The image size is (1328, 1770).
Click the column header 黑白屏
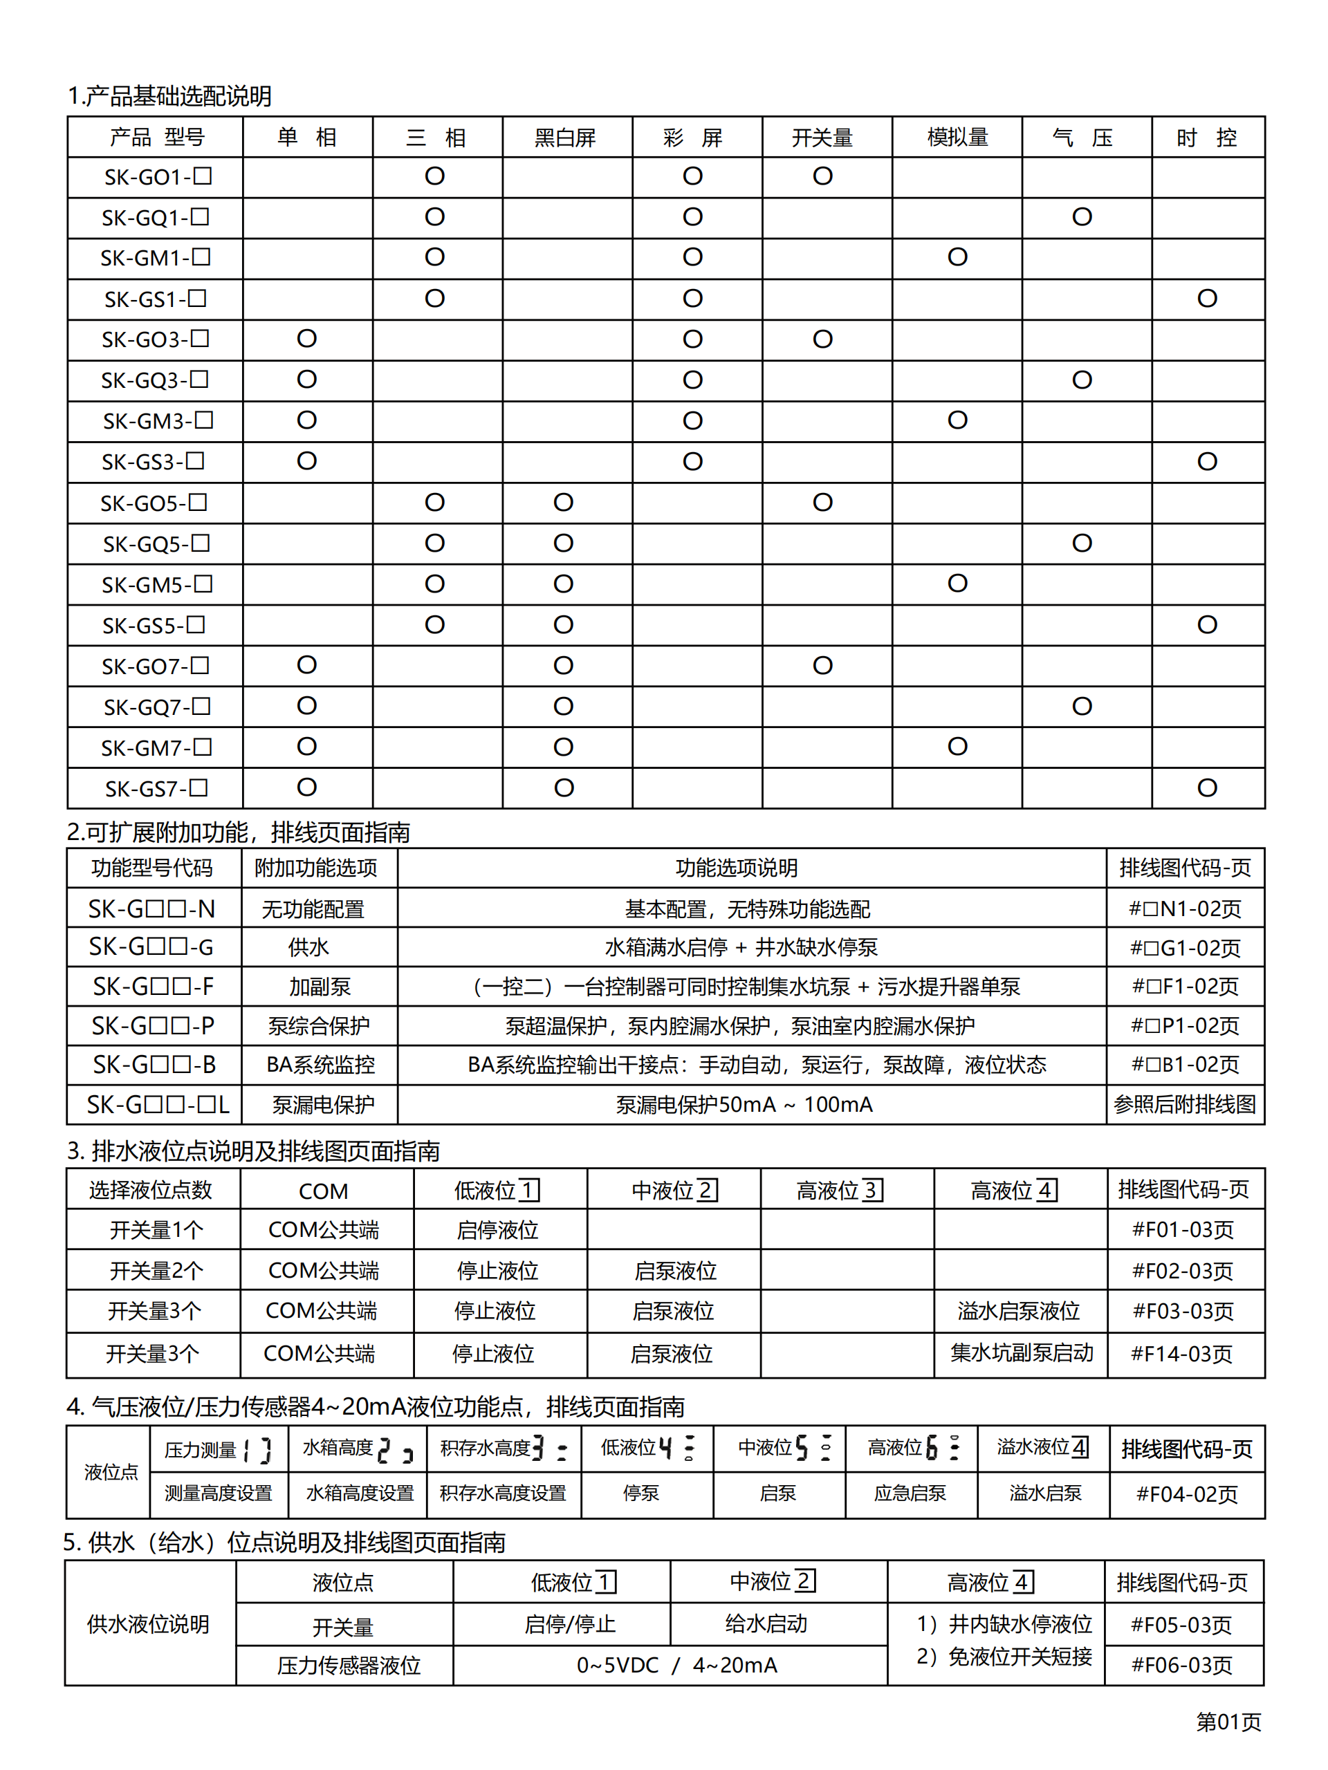coord(565,138)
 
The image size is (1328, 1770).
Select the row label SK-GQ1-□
coord(156,218)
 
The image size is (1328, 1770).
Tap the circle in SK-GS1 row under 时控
coord(1206,299)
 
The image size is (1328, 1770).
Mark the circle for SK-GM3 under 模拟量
coord(957,420)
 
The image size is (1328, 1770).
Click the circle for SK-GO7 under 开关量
coord(822,665)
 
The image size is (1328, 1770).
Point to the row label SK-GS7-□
coord(156,789)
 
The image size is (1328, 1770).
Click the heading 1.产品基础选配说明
coord(169,96)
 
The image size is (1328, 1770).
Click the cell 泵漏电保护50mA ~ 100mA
coord(744,1105)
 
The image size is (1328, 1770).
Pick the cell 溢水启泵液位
coord(1018,1312)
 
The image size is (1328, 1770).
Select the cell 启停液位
coord(497,1230)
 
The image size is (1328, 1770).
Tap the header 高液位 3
coord(840,1191)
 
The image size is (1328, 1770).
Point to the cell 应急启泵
coord(910,1493)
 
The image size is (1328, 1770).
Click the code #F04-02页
coord(1186,1494)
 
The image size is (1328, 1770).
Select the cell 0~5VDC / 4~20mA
coord(676,1665)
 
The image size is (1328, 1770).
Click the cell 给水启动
coord(766,1623)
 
